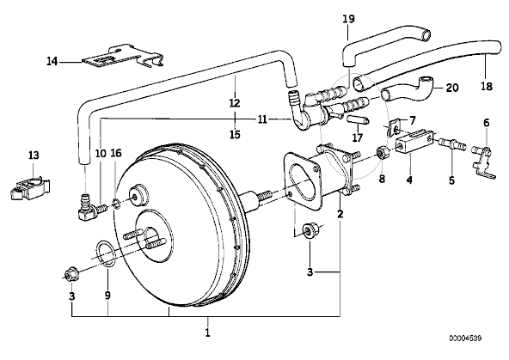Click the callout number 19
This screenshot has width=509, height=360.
coord(348,19)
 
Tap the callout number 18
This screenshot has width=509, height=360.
coord(487,86)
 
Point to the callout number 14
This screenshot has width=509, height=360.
coord(52,61)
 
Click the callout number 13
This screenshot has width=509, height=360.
coord(34,155)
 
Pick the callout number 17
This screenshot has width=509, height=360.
coord(357,137)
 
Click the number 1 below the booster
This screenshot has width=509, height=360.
coord(208,333)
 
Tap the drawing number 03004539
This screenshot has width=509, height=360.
coord(465,339)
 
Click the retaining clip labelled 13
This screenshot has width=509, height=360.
coord(29,188)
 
